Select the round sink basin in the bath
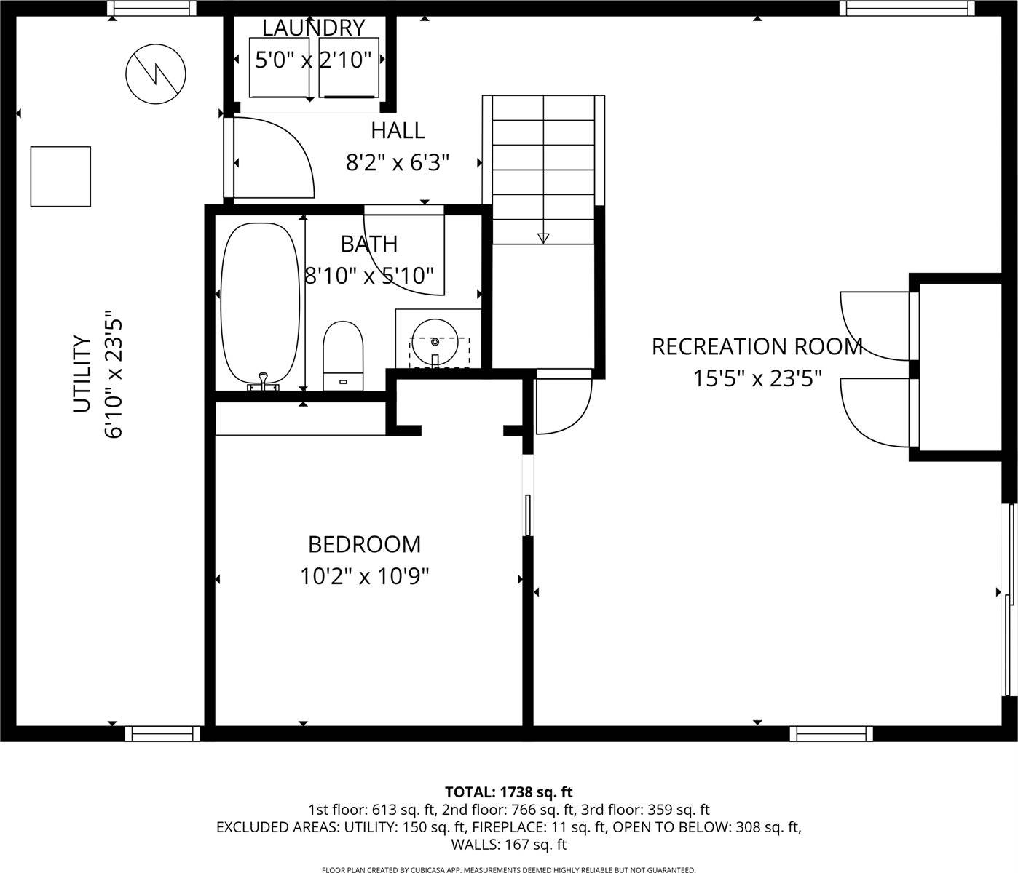pyautogui.click(x=435, y=339)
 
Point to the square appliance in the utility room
pyautogui.click(x=60, y=176)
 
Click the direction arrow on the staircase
pyautogui.click(x=543, y=237)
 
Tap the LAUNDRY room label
pyautogui.click(x=313, y=28)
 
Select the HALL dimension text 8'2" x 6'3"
pyautogui.click(x=398, y=162)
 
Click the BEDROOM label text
pyautogui.click(x=364, y=544)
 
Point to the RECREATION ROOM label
pyautogui.click(x=757, y=346)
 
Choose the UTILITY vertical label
pyautogui.click(x=82, y=373)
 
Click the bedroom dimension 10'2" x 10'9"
pyautogui.click(x=364, y=576)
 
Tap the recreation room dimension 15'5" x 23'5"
pyautogui.click(x=757, y=378)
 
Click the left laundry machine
pyautogui.click(x=280, y=67)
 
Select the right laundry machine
pyautogui.click(x=349, y=67)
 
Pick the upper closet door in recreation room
pyautogui.click(x=876, y=325)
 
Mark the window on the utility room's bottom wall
pyautogui.click(x=162, y=733)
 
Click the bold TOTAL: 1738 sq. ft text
pyautogui.click(x=508, y=792)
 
